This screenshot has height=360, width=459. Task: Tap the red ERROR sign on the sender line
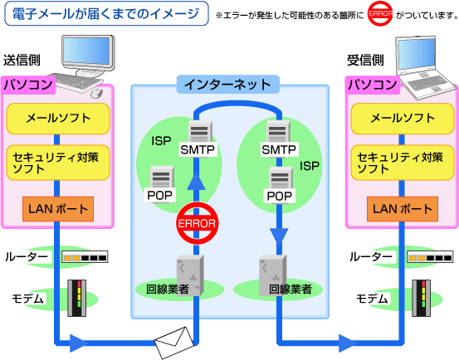[197, 223]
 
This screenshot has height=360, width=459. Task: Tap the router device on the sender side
[85, 258]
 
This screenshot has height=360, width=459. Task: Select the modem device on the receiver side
[422, 299]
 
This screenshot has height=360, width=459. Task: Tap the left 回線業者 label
[168, 289]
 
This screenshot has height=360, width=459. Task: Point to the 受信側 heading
[364, 61]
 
